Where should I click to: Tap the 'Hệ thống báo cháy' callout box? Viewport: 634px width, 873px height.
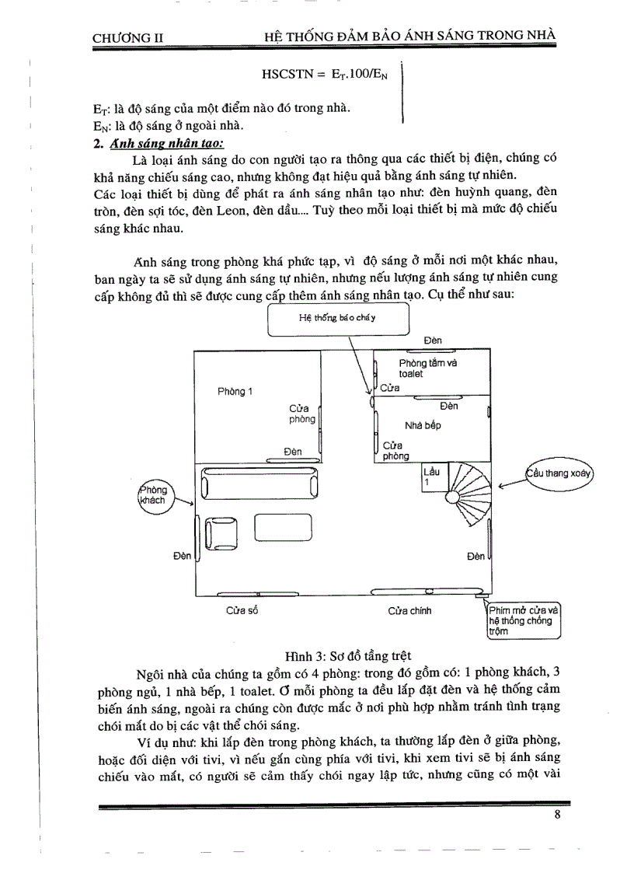[x=337, y=319]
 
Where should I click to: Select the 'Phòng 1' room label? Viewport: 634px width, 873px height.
[x=235, y=391]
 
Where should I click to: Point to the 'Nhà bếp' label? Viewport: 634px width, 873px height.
[x=423, y=425]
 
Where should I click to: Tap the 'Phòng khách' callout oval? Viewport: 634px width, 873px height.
[x=154, y=496]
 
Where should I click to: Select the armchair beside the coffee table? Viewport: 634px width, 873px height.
[x=221, y=533]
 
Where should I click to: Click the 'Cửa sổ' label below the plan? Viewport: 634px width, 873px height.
[x=242, y=611]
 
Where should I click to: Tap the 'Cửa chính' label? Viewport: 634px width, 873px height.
[x=409, y=611]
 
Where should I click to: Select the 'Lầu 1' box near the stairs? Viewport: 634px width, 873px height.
[x=430, y=477]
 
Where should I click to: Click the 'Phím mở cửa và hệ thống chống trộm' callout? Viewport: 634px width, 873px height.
[x=522, y=620]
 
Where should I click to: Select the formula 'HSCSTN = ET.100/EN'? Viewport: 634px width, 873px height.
[x=329, y=75]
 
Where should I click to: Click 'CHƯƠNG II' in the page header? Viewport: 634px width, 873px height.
[x=127, y=37]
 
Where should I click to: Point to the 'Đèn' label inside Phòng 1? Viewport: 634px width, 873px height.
[x=292, y=452]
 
